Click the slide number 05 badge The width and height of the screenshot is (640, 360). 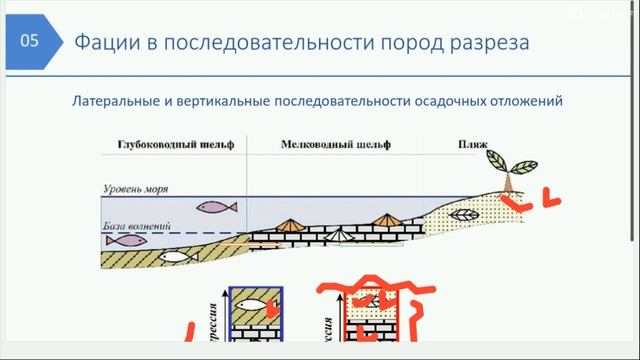click(30, 42)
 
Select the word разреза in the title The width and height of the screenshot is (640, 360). click(486, 43)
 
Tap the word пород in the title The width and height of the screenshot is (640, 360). click(400, 43)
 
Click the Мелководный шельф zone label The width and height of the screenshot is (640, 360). click(321, 145)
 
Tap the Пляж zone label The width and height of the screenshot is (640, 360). click(472, 145)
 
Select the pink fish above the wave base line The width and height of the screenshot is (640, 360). click(216, 208)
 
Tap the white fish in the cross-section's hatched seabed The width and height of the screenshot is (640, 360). click(175, 257)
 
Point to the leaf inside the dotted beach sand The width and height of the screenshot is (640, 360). click(464, 215)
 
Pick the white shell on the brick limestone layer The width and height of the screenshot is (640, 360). click(339, 234)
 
